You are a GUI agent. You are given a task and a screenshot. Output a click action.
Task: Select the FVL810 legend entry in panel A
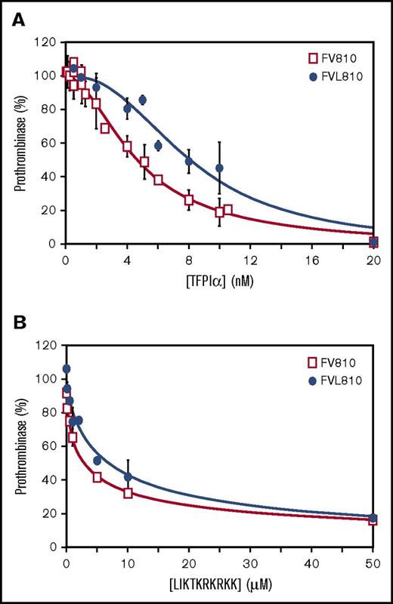point(326,75)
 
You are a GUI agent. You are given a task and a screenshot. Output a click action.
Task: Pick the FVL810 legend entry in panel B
point(326,381)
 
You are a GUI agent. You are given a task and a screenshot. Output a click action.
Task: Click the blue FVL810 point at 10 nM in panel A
point(219,168)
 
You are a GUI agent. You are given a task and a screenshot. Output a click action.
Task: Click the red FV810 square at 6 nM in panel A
point(158,180)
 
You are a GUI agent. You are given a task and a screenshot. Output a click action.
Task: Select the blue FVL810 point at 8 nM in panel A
point(189,161)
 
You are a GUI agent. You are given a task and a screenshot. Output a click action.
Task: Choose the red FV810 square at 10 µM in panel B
point(128,493)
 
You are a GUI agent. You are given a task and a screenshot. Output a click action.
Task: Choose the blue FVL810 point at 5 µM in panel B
point(97,461)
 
